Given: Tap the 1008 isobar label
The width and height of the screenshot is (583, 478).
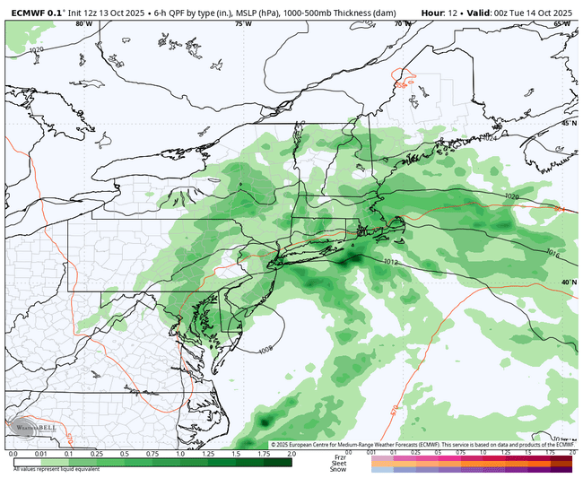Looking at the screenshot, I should click(x=265, y=351).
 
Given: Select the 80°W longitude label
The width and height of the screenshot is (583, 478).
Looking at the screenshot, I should click(x=85, y=24).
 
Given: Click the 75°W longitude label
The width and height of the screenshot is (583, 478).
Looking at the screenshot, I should click(x=243, y=24).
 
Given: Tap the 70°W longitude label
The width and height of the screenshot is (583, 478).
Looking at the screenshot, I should click(x=401, y=24).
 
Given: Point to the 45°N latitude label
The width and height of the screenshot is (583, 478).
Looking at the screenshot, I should click(x=569, y=123).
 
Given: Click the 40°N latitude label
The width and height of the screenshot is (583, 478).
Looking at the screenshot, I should click(x=569, y=282).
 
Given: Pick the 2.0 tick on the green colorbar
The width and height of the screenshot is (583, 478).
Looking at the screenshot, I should click(x=291, y=455).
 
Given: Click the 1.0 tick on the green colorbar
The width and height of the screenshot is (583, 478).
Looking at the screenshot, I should click(x=180, y=455).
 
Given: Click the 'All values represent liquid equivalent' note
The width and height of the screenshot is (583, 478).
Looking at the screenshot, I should click(x=51, y=467).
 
